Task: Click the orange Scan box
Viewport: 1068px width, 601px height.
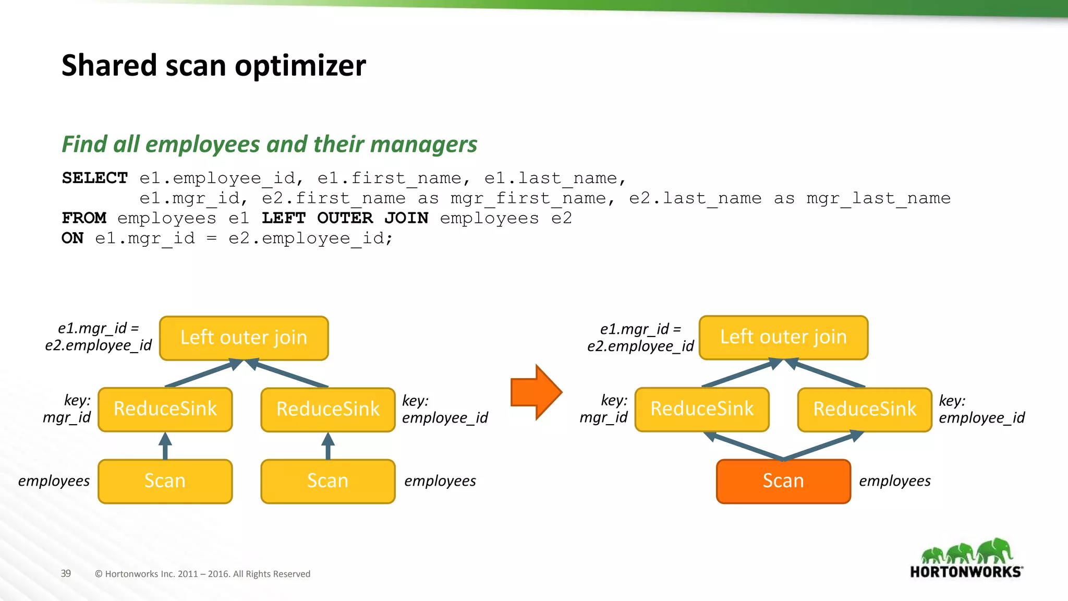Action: pos(783,481)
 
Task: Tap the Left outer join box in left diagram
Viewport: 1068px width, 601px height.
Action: pos(244,338)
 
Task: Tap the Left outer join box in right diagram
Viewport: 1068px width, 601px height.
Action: pos(783,338)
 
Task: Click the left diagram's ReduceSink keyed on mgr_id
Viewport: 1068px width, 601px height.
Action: pos(165,409)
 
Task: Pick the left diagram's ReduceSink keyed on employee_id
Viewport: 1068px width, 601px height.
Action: pos(328,410)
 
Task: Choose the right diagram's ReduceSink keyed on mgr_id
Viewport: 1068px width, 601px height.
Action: pos(702,409)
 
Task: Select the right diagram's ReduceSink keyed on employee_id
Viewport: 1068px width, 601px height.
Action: pos(865,410)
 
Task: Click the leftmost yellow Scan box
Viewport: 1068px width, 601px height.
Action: pos(165,481)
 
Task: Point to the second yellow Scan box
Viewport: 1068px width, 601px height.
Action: pos(328,481)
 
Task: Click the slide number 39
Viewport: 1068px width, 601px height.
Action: pos(66,573)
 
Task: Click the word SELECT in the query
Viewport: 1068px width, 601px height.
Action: pos(94,178)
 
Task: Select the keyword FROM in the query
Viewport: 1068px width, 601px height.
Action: pos(84,218)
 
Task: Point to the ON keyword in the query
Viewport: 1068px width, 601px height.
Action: pos(72,238)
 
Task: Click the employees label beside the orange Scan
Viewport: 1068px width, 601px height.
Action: pos(895,481)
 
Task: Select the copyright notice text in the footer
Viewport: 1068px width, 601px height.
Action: pos(202,574)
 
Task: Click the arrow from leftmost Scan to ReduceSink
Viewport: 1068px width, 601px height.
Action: pos(165,447)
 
